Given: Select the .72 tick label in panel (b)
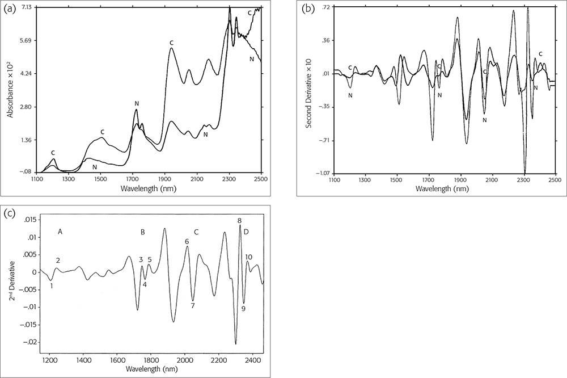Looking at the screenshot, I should tap(326, 7).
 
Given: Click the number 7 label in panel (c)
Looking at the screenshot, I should tap(193, 306).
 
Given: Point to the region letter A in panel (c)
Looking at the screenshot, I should tap(60, 232).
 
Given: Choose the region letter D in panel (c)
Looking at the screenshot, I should tap(246, 232).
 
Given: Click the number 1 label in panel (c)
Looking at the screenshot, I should tap(52, 286).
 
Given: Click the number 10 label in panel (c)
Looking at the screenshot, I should tap(248, 257).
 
